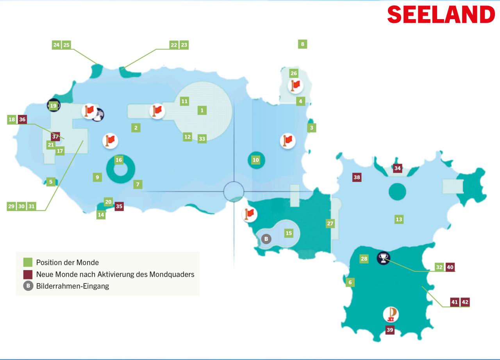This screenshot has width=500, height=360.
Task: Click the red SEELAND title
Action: [441, 14]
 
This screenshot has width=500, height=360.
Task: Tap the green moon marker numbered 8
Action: [302, 44]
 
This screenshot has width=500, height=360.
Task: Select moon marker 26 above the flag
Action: [294, 73]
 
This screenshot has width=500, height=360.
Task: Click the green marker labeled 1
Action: [202, 110]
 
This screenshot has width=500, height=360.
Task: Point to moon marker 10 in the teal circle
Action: [256, 160]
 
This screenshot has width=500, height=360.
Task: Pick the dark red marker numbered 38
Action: [357, 177]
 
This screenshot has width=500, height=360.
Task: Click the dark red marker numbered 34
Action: [398, 168]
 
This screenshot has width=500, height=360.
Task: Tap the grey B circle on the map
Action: [266, 239]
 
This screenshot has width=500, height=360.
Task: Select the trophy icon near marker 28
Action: [384, 258]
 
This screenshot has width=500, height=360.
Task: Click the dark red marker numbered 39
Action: [390, 330]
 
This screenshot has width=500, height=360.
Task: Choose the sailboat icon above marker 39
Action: [391, 314]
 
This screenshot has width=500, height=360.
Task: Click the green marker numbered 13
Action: [399, 220]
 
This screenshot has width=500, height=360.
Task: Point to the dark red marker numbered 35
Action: [119, 206]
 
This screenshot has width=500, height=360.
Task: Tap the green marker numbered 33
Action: [202, 139]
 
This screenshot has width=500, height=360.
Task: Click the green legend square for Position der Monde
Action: [28, 262]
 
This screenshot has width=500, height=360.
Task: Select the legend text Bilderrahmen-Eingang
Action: [73, 286]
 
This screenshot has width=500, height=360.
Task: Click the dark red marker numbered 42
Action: [465, 302]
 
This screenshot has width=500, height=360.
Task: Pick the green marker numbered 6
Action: [350, 282]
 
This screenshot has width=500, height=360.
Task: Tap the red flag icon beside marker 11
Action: [157, 111]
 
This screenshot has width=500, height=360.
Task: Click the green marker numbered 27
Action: [330, 224]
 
